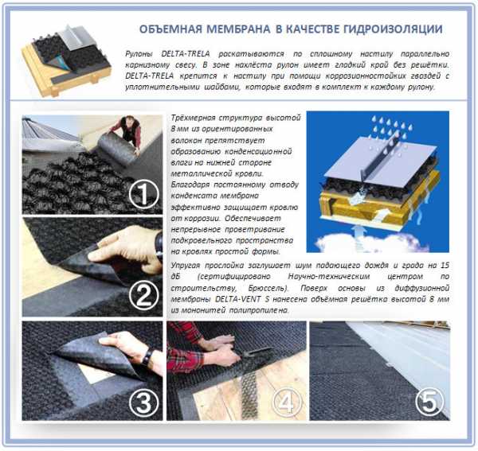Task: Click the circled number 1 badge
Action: click(x=144, y=194)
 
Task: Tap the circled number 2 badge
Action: click(x=144, y=295)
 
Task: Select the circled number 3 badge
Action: click(x=144, y=402)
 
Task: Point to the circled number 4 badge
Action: click(x=286, y=402)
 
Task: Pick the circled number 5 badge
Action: click(x=429, y=402)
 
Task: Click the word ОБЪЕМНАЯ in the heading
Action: click(x=170, y=29)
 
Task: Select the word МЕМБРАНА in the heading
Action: click(x=238, y=29)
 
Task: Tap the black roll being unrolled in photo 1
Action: click(x=117, y=149)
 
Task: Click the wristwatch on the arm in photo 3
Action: click(x=147, y=356)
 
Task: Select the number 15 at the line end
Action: click(x=445, y=265)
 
